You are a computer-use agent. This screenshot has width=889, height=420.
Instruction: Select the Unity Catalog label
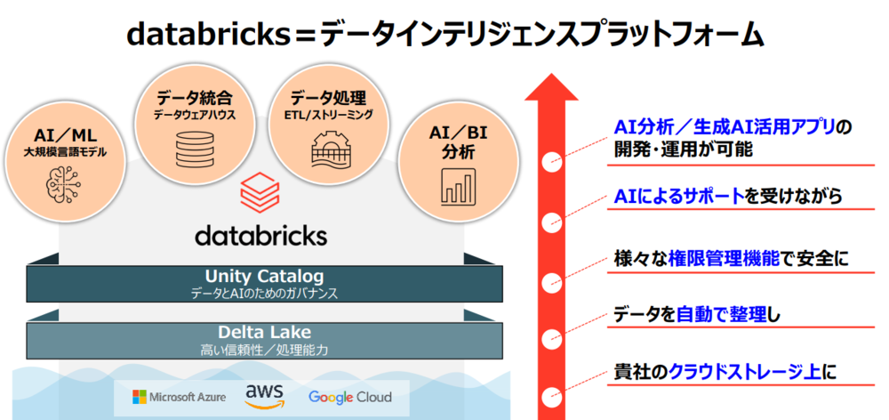click(x=264, y=276)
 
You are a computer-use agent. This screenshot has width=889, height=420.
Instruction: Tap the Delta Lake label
click(x=264, y=332)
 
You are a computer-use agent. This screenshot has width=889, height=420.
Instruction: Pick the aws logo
click(x=264, y=392)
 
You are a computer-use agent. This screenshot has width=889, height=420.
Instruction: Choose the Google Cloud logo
click(x=350, y=396)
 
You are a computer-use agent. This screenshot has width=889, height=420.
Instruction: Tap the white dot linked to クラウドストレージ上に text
click(x=552, y=392)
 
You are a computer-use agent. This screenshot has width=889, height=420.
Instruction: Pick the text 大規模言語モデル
click(x=65, y=152)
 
